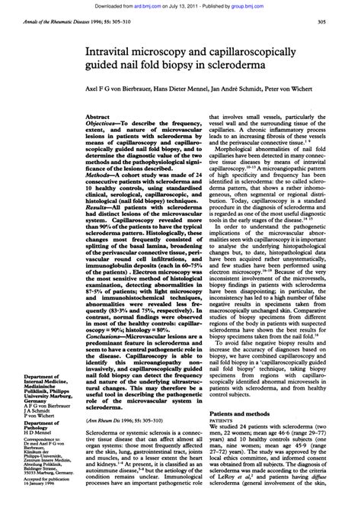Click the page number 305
(x=343, y=21)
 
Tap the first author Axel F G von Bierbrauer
(x=114, y=88)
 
